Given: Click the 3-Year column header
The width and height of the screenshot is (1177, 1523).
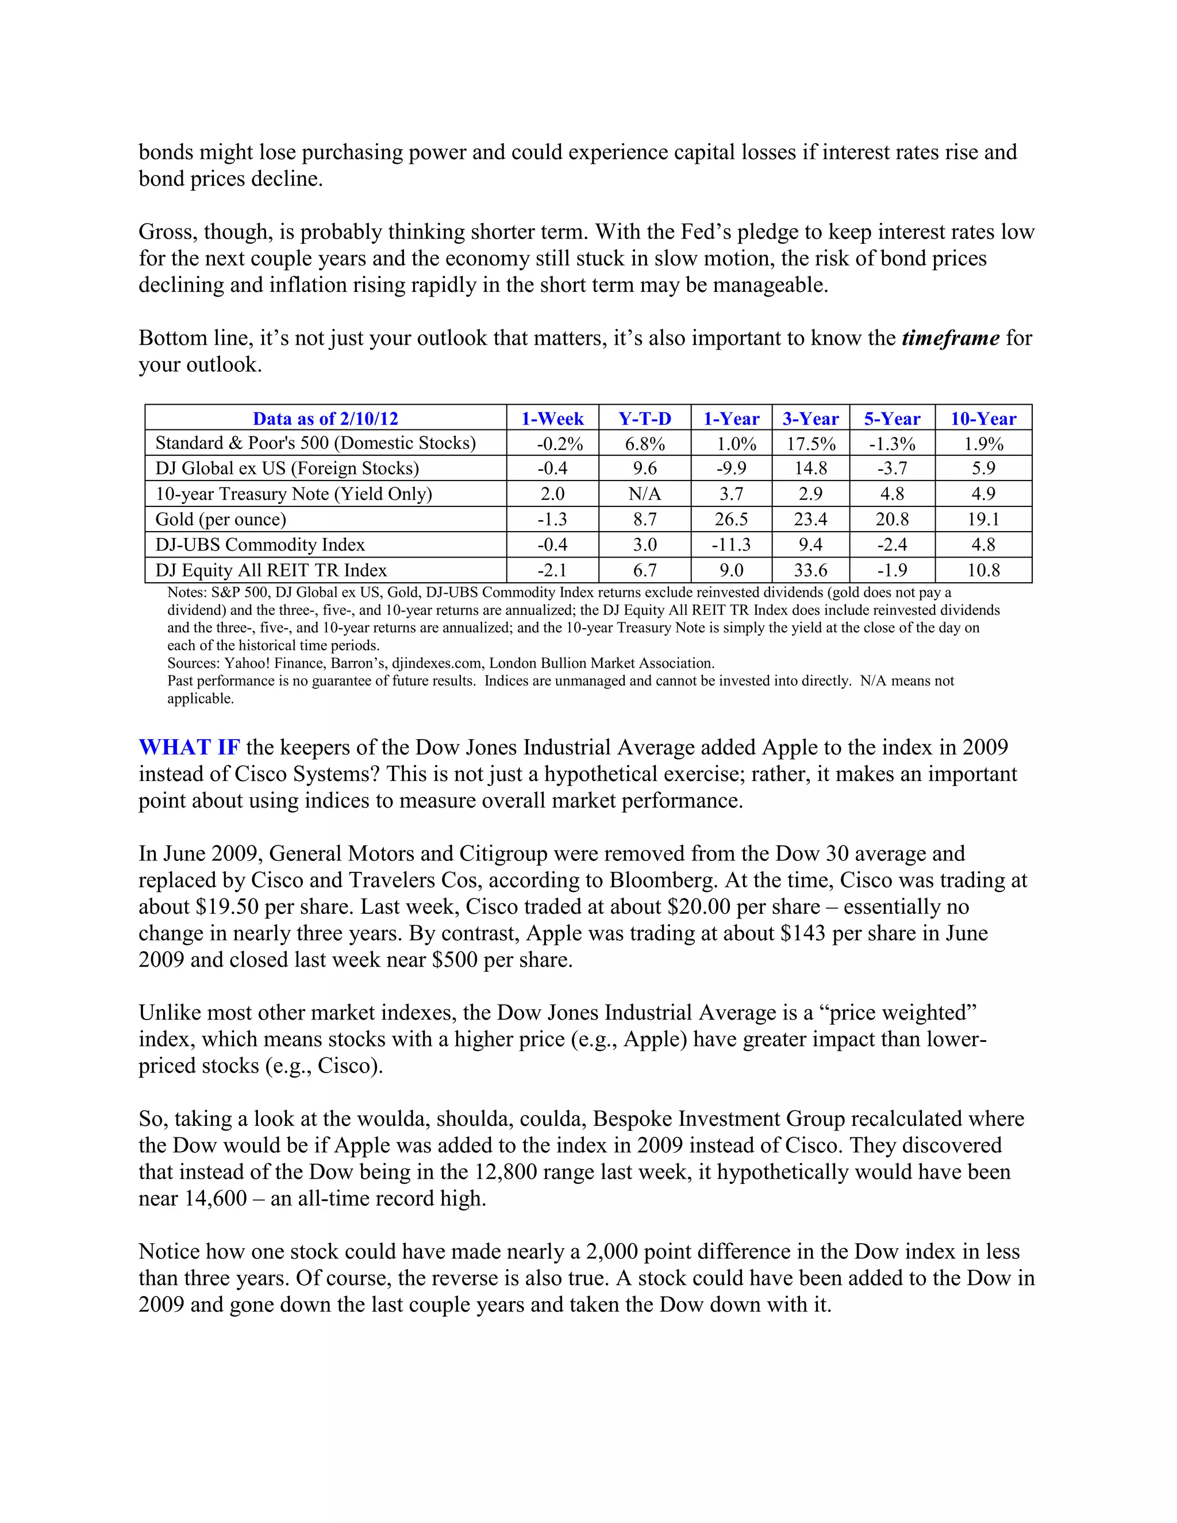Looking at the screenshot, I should [x=810, y=418].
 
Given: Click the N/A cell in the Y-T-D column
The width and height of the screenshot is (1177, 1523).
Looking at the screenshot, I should [x=644, y=494].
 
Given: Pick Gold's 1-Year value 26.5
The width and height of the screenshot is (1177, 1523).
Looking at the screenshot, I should [x=731, y=520].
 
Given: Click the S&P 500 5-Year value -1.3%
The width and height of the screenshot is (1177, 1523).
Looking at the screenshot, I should [x=892, y=444].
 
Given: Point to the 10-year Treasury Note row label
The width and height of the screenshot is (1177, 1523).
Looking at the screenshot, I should [x=294, y=494].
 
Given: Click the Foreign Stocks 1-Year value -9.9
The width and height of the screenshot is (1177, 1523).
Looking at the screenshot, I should [x=731, y=468].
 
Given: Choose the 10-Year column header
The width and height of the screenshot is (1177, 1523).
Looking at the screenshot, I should [x=983, y=418].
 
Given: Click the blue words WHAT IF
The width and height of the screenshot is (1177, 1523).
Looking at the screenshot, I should [x=189, y=747].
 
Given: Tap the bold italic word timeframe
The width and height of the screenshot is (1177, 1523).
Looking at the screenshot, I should [x=951, y=338].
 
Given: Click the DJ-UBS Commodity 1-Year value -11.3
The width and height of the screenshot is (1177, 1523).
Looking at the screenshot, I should [x=731, y=545].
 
